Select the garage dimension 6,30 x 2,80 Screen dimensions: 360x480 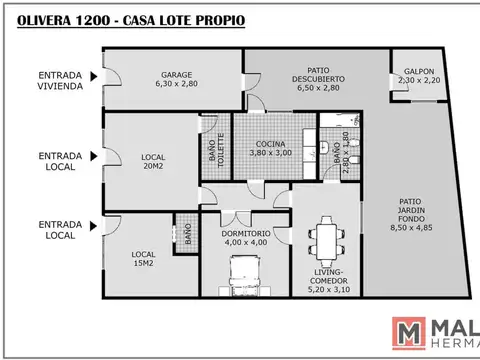coord(176,86)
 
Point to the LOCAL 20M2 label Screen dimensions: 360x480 coord(153,162)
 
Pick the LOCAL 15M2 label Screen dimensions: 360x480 coord(144,259)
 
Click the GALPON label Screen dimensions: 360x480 coord(418,72)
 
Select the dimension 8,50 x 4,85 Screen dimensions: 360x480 coord(412,227)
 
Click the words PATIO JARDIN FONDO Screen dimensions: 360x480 coord(412,206)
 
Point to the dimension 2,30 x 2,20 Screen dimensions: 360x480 coord(418,82)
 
